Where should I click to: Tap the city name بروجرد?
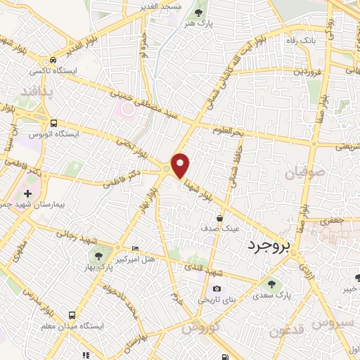(269, 246)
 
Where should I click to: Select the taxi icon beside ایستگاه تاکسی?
(52, 60)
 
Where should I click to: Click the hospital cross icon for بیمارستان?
(27, 193)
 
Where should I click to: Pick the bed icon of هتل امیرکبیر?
(136, 250)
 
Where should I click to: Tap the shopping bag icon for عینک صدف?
(220, 218)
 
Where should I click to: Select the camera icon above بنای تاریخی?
(217, 288)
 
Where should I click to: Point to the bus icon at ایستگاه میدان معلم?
(72, 316)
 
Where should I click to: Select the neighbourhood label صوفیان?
(306, 172)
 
